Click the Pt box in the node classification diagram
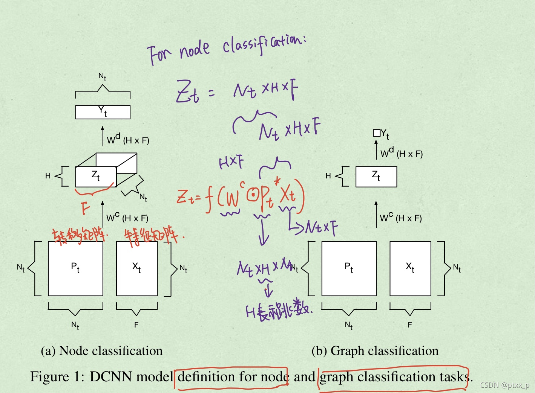point(75,268)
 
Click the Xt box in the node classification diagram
point(137,268)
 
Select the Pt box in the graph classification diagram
point(349,268)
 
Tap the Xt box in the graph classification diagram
point(410,268)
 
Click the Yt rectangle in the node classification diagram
point(103,112)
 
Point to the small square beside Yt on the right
point(376,133)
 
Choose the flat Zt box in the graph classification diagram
point(376,177)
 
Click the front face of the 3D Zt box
point(95,177)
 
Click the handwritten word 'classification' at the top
point(264,43)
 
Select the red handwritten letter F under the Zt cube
point(86,208)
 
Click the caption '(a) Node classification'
point(102,351)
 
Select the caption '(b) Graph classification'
point(375,351)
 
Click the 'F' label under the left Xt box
point(136,325)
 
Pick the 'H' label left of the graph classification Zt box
point(328,176)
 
